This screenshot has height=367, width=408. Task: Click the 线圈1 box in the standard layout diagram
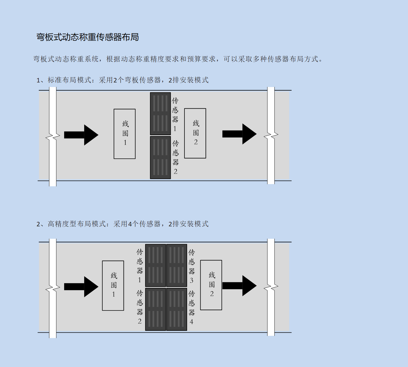pos(124,134)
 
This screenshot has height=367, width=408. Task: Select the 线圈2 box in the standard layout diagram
pos(195,133)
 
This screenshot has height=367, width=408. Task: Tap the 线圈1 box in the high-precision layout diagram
pos(113,285)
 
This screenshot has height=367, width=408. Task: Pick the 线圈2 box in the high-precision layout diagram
pos(211,285)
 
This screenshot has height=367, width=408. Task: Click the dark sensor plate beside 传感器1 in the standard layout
pos(160,114)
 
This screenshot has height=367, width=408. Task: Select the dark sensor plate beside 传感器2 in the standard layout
pos(160,157)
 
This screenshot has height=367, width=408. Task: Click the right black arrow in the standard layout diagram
pos(239,134)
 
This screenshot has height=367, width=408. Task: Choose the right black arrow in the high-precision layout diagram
pos(239,286)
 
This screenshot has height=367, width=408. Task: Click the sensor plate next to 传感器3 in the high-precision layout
pos(177,265)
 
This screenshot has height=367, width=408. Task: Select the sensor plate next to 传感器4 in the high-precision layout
pos(177,309)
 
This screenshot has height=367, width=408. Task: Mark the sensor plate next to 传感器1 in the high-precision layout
pos(155,265)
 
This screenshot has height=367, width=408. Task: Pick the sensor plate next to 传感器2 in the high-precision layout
pos(155,309)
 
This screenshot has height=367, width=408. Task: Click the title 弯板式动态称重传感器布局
pos(87,37)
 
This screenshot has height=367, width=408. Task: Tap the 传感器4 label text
pos(191,307)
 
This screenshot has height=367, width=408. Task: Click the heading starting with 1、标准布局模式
pos(122,80)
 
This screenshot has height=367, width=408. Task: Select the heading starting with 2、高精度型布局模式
pos(122,224)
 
